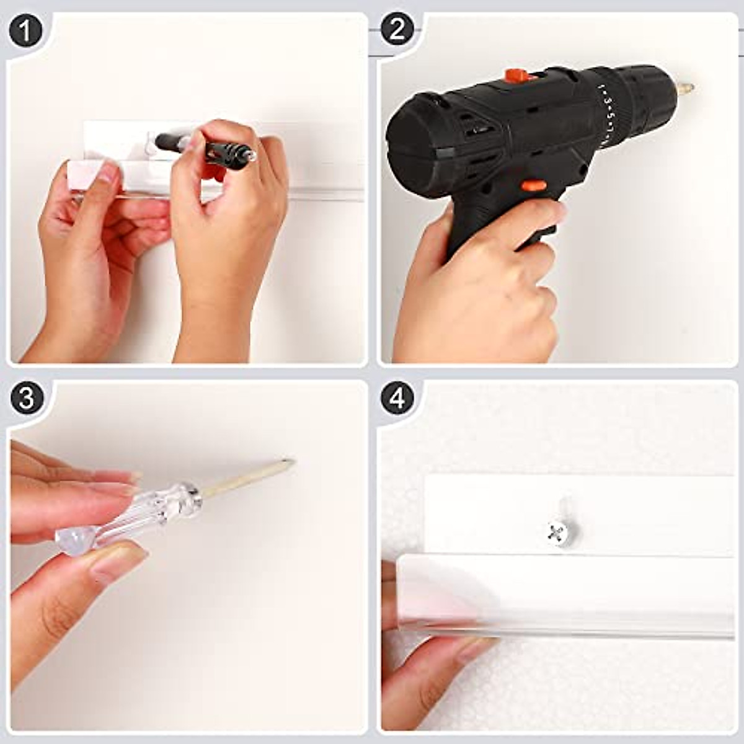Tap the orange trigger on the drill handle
534,186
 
